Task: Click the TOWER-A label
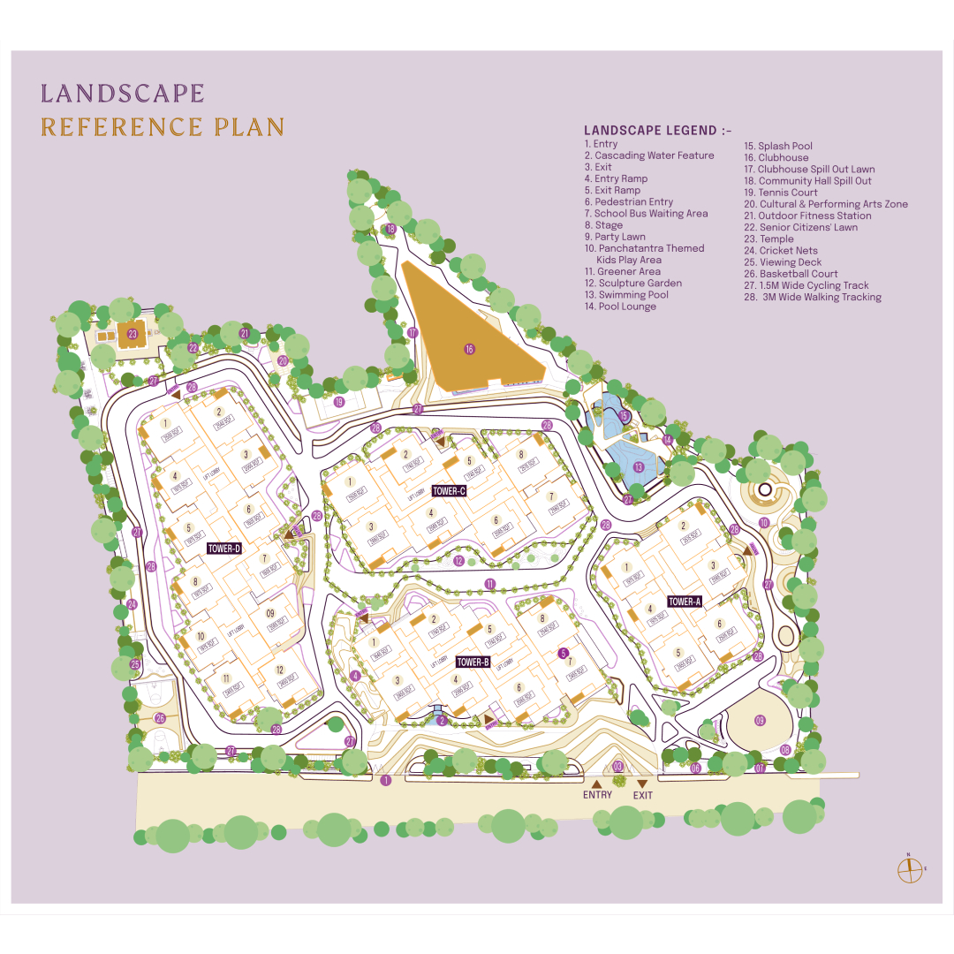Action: tap(685, 602)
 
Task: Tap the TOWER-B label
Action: tap(473, 662)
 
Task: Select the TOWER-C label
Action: tap(449, 491)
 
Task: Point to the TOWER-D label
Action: tap(224, 549)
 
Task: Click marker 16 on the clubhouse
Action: tap(469, 350)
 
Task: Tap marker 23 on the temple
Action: tap(132, 334)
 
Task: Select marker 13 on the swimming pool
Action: tap(638, 466)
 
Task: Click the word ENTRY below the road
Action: tap(597, 795)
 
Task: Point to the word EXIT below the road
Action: tap(643, 795)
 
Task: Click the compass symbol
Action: tap(910, 869)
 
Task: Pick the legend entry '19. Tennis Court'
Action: tap(780, 193)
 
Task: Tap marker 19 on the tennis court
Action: tap(338, 402)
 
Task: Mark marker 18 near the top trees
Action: tap(390, 229)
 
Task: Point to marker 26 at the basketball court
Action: tap(160, 718)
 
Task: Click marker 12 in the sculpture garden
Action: tap(458, 561)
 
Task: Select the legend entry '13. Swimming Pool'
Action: tap(625, 295)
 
